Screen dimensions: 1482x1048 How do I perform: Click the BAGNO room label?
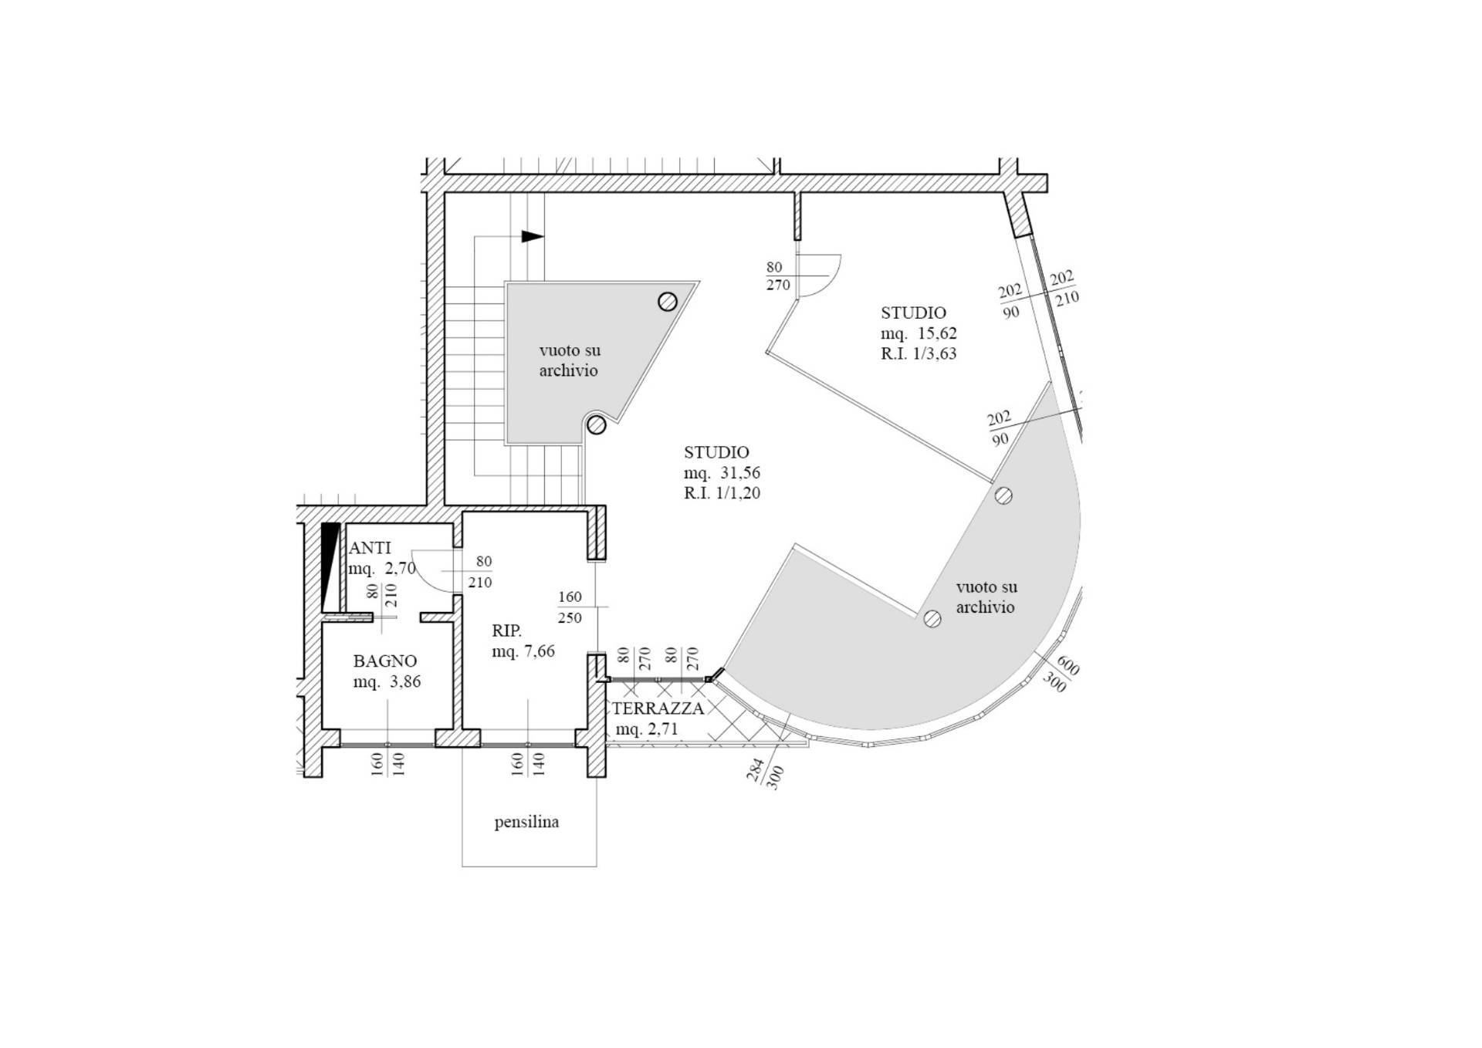pyautogui.click(x=384, y=661)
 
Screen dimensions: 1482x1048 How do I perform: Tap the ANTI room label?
pyautogui.click(x=370, y=548)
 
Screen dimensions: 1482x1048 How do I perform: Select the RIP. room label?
pyautogui.click(x=507, y=630)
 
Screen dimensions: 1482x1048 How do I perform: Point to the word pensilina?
pyautogui.click(x=526, y=822)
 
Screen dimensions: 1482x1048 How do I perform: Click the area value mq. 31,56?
pyautogui.click(x=722, y=472)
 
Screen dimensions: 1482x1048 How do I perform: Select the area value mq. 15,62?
pyautogui.click(x=919, y=333)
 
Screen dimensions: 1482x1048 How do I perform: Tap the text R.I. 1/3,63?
pyautogui.click(x=919, y=353)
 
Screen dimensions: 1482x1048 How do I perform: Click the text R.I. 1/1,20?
pyautogui.click(x=722, y=492)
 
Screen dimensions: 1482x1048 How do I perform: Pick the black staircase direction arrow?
pyautogui.click(x=533, y=236)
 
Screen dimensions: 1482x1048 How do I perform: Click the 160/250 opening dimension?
pyautogui.click(x=570, y=607)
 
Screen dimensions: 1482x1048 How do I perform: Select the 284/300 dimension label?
pyautogui.click(x=765, y=772)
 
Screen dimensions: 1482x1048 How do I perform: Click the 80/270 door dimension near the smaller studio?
pyautogui.click(x=778, y=276)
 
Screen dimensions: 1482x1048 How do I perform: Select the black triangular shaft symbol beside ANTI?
pyautogui.click(x=330, y=567)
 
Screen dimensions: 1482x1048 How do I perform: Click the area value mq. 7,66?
pyautogui.click(x=523, y=651)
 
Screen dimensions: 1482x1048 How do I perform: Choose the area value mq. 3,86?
pyautogui.click(x=387, y=682)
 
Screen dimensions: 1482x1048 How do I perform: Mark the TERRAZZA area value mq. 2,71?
pyautogui.click(x=647, y=729)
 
